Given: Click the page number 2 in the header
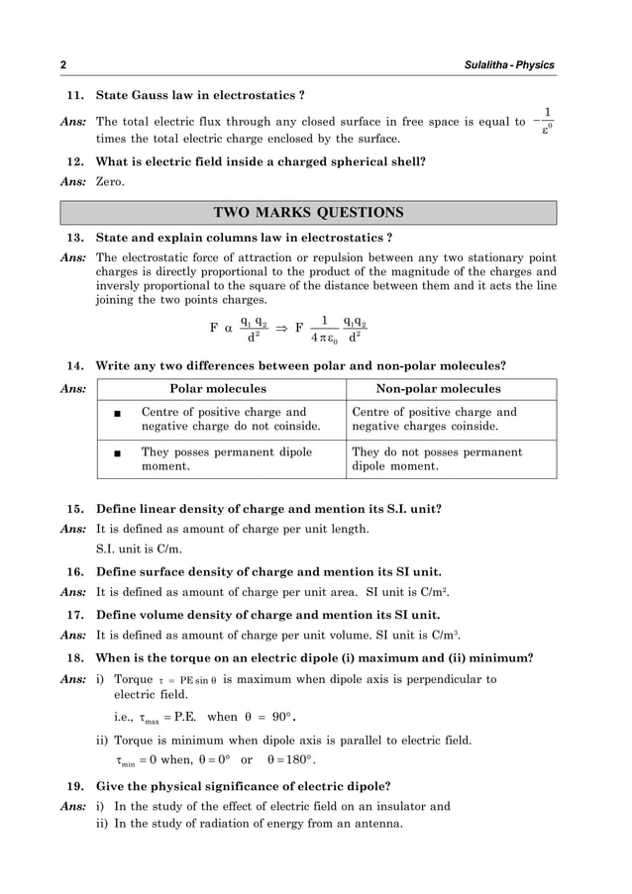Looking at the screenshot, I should pyautogui.click(x=62, y=65).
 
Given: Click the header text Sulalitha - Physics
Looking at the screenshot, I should pyautogui.click(x=509, y=65).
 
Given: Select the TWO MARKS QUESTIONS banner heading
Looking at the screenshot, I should pyautogui.click(x=308, y=213).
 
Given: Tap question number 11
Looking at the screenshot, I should pyautogui.click(x=73, y=96).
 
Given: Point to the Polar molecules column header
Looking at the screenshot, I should pyautogui.click(x=218, y=389).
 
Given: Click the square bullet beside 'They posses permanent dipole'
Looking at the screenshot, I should pyautogui.click(x=118, y=452).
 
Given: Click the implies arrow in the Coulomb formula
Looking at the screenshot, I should pyautogui.click(x=280, y=328).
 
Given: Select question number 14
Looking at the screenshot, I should pyautogui.click(x=73, y=365).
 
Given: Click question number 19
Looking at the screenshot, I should pyautogui.click(x=73, y=787).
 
